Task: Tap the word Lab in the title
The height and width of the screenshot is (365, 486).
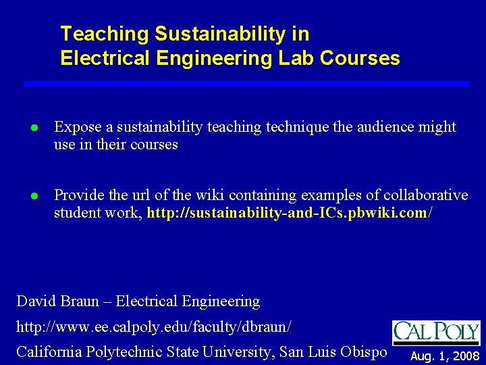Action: (x=296, y=58)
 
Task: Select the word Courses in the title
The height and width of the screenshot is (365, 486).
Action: (x=360, y=58)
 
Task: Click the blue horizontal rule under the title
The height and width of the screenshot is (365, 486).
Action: (x=246, y=83)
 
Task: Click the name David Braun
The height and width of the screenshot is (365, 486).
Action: (x=57, y=301)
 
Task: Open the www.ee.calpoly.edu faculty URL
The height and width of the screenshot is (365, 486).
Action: (x=154, y=326)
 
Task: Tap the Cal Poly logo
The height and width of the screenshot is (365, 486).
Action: (x=436, y=332)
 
